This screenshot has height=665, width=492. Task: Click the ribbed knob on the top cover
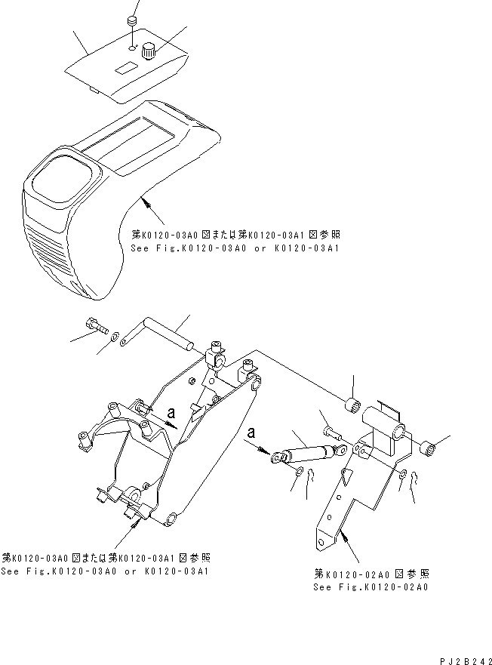(x=149, y=52)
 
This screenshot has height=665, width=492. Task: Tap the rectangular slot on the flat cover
(x=124, y=69)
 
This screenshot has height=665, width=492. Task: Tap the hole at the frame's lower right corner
(x=171, y=519)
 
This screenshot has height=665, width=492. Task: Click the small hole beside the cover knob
(x=132, y=47)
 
